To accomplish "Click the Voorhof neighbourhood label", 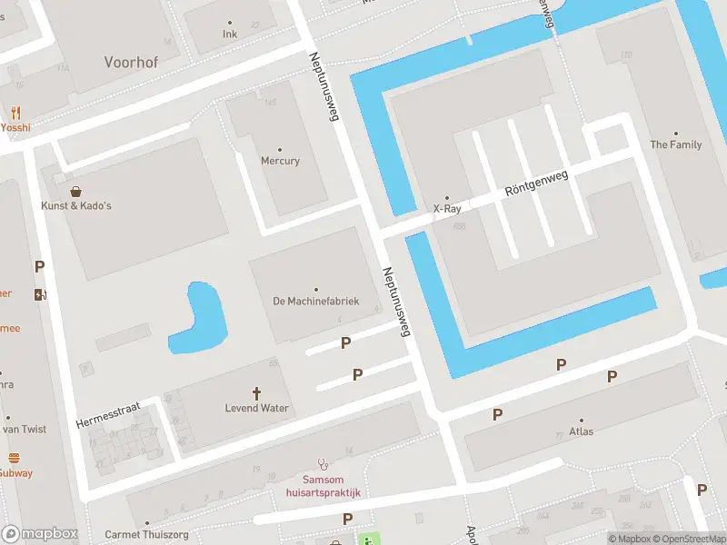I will pos(133,63).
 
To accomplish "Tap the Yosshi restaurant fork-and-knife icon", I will pos(15,114).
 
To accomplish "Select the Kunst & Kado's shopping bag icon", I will pos(75,192).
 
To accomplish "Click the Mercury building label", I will pos(280,161).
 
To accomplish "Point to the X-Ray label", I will pos(446,208).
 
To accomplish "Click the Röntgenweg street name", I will pos(536,183).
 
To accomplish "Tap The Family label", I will pos(675,144).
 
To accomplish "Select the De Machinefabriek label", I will pos(316,301).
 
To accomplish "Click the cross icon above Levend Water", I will pos(256,393).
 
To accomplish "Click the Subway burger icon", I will pos(14,459).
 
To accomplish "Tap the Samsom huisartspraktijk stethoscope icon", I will pos(321,464).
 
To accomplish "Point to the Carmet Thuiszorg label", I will pos(146,535).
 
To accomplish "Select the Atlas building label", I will pos(581,431).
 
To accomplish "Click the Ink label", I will pos(229,35).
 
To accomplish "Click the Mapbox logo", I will pos(40,534).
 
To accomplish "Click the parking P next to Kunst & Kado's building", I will pos(39,267).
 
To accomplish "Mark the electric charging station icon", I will pos(39,294).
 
